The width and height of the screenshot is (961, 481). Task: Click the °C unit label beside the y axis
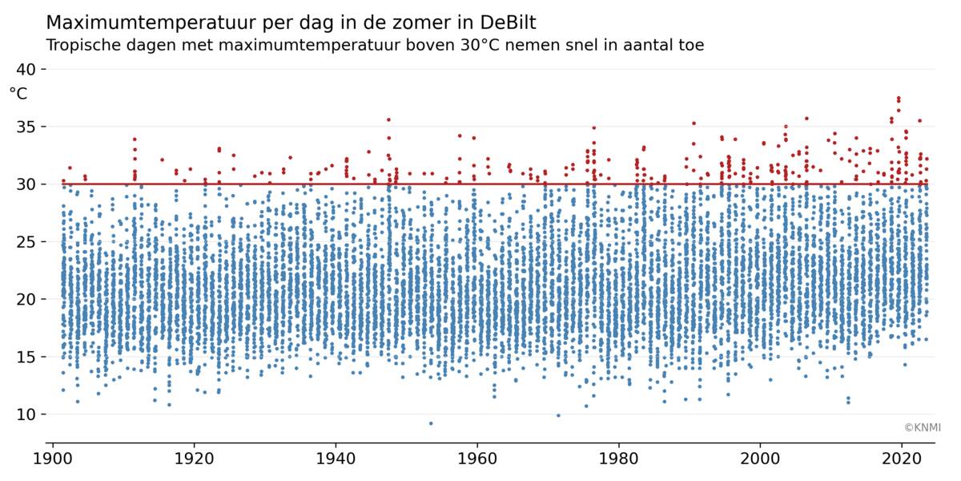[18, 94]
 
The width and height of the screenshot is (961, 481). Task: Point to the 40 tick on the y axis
[27, 70]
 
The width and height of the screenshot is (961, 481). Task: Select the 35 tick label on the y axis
[27, 127]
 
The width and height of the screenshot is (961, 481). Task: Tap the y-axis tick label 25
[27, 241]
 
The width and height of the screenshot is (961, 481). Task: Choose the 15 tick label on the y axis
[27, 357]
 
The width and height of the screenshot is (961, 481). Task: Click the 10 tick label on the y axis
[27, 414]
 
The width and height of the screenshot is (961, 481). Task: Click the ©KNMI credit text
[923, 427]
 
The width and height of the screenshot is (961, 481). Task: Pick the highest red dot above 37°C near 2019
[899, 98]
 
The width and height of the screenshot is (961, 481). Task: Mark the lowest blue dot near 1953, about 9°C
[431, 423]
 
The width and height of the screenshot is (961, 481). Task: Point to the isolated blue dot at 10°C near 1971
[558, 415]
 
